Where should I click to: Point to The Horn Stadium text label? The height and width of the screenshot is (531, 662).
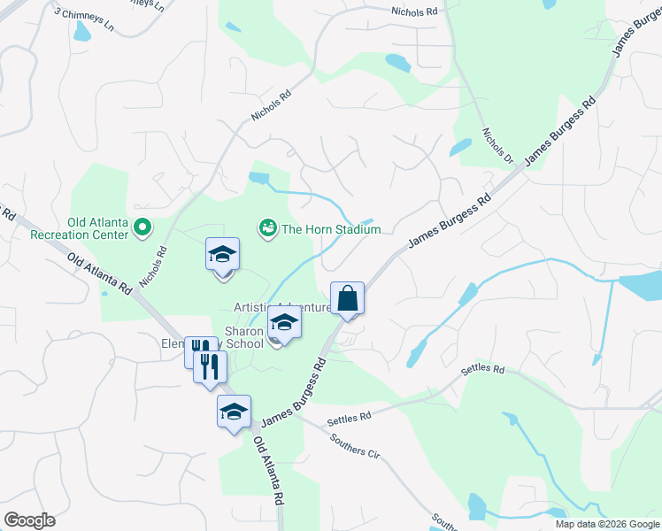click(x=330, y=229)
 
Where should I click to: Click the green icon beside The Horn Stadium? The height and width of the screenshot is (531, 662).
click(x=267, y=229)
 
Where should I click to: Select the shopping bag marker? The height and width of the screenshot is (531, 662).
click(x=348, y=299)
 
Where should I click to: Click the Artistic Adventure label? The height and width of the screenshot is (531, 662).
click(x=281, y=307)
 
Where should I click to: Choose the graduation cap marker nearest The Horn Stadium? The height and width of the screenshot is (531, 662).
click(x=222, y=255)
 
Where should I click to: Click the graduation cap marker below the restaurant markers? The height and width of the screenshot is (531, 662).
click(x=235, y=412)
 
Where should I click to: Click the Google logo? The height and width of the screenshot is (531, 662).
click(x=29, y=519)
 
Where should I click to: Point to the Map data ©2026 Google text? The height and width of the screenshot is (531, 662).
click(x=607, y=524)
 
